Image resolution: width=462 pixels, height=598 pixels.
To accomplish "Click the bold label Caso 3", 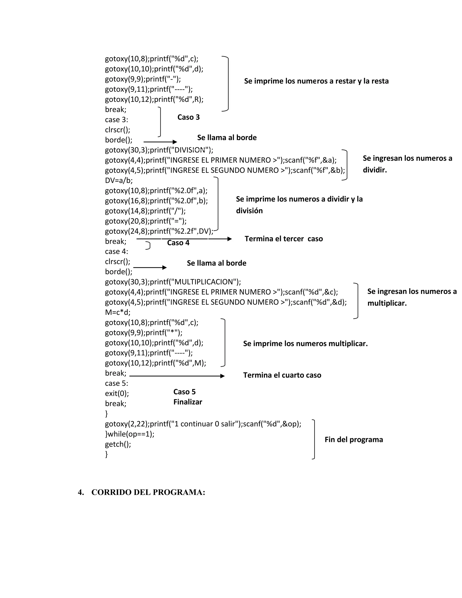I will click(x=188, y=117).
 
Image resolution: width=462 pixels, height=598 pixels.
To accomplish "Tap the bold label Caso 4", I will click(x=178, y=243).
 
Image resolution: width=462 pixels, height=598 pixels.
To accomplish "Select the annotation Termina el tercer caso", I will click(x=284, y=239).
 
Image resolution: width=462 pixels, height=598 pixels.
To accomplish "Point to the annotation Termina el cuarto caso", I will click(x=282, y=375).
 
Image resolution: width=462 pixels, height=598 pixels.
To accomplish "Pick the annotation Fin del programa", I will click(x=354, y=440).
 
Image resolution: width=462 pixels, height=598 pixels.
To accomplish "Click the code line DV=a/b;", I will click(x=119, y=181).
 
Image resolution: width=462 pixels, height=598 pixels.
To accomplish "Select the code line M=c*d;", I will click(x=118, y=312).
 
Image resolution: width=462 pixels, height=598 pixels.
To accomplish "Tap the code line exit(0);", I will click(x=117, y=394).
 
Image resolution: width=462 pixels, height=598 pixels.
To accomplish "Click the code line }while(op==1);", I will click(x=130, y=434).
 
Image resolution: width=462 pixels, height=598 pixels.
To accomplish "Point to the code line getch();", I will click(x=118, y=444).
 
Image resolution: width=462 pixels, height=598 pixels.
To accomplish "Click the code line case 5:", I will click(x=117, y=383).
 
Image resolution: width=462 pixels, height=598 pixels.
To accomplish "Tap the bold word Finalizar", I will click(x=188, y=402).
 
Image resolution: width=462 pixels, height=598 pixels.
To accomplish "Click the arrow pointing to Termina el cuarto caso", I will click(x=177, y=376).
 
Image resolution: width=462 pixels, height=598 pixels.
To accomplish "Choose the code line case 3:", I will click(x=117, y=120).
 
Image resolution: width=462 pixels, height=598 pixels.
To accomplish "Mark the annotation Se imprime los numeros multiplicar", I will click(x=305, y=344).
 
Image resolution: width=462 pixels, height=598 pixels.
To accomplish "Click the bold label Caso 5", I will click(x=185, y=392).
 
